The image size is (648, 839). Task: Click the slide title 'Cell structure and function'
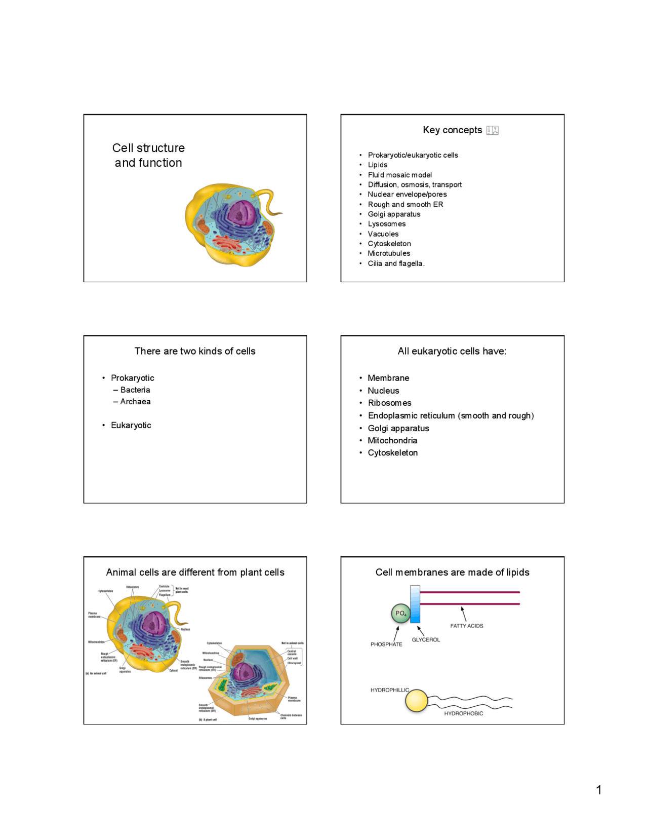148,155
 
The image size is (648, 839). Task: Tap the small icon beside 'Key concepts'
492,130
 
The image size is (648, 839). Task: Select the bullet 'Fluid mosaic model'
399,175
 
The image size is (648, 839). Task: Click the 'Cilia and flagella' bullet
395,263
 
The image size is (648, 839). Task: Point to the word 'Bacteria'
135,390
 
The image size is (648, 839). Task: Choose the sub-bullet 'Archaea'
135,401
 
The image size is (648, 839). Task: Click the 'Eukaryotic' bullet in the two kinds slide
131,425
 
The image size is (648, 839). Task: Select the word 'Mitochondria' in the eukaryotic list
392,440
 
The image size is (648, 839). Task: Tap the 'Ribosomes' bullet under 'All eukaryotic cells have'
389,403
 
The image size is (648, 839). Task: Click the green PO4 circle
400,614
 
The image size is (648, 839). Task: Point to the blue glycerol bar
415,604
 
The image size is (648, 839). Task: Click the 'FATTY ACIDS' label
466,626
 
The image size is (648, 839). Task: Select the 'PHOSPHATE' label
386,644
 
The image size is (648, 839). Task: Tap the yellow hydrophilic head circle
416,701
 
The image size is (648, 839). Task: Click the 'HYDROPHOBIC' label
463,713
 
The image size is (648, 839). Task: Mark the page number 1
599,790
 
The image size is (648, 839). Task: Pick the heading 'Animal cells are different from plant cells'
195,572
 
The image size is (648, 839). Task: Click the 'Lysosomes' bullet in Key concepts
386,224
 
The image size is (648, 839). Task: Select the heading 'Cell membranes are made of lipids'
452,572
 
